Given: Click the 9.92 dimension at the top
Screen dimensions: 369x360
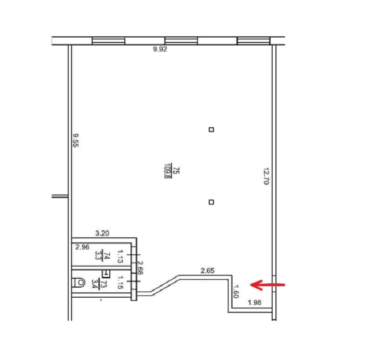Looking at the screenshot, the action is [x=160, y=49].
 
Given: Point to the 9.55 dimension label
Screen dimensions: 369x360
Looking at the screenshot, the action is [x=76, y=141].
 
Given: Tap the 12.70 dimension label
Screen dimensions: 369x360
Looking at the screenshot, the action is [x=266, y=176].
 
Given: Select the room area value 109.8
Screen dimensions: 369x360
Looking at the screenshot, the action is [x=167, y=171].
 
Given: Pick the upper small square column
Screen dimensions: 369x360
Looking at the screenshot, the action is [x=211, y=130].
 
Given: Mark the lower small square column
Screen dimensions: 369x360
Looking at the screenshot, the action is [x=211, y=202].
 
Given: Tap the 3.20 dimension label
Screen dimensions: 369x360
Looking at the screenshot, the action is [x=102, y=234].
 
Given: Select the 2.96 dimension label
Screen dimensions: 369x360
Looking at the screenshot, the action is [x=83, y=247].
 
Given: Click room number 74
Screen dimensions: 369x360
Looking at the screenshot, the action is [x=107, y=255].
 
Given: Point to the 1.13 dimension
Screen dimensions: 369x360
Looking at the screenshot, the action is [x=120, y=257].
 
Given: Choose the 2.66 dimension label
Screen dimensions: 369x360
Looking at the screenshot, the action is [x=140, y=268].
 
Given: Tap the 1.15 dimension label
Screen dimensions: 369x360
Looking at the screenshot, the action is [x=120, y=282].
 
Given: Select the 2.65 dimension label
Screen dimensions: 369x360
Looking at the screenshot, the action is [x=208, y=271].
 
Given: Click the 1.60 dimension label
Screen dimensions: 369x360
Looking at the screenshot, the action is [x=236, y=292].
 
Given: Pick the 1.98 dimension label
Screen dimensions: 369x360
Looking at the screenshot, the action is [x=255, y=303].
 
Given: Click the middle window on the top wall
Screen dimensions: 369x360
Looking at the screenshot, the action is [x=181, y=41].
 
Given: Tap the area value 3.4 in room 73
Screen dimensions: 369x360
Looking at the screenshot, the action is [x=95, y=284].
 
